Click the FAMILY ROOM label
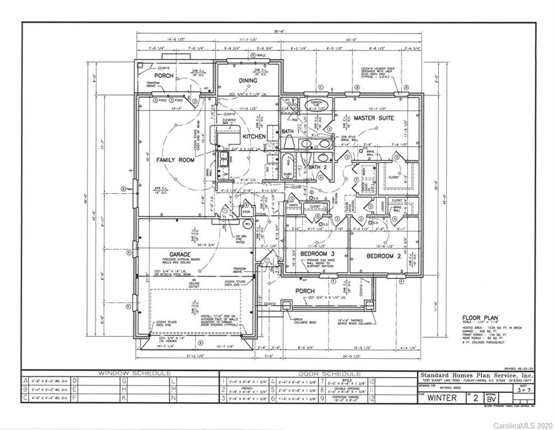click(175, 160)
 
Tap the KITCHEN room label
click(254, 137)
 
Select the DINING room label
click(247, 81)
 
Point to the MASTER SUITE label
click(373, 118)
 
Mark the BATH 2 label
click(317, 167)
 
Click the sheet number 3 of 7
click(524, 387)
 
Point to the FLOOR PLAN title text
click(480, 317)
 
